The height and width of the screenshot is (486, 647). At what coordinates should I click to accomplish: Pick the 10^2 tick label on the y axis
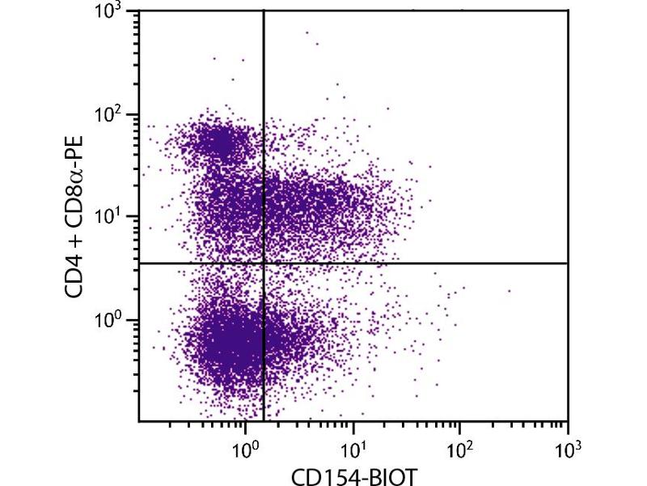[x=108, y=115]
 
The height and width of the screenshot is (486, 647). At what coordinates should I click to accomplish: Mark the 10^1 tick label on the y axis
[x=108, y=218]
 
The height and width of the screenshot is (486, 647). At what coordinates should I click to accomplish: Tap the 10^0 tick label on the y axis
[x=108, y=321]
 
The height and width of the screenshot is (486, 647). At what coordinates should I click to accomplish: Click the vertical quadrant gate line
[x=264, y=162]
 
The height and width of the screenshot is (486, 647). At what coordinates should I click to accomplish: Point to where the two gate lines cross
[x=264, y=263]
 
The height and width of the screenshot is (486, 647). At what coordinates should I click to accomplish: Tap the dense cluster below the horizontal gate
[x=230, y=340]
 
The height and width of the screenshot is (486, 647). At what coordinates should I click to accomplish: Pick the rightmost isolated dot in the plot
[x=510, y=290]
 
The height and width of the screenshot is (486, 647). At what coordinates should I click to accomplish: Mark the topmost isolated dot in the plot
[x=307, y=32]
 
